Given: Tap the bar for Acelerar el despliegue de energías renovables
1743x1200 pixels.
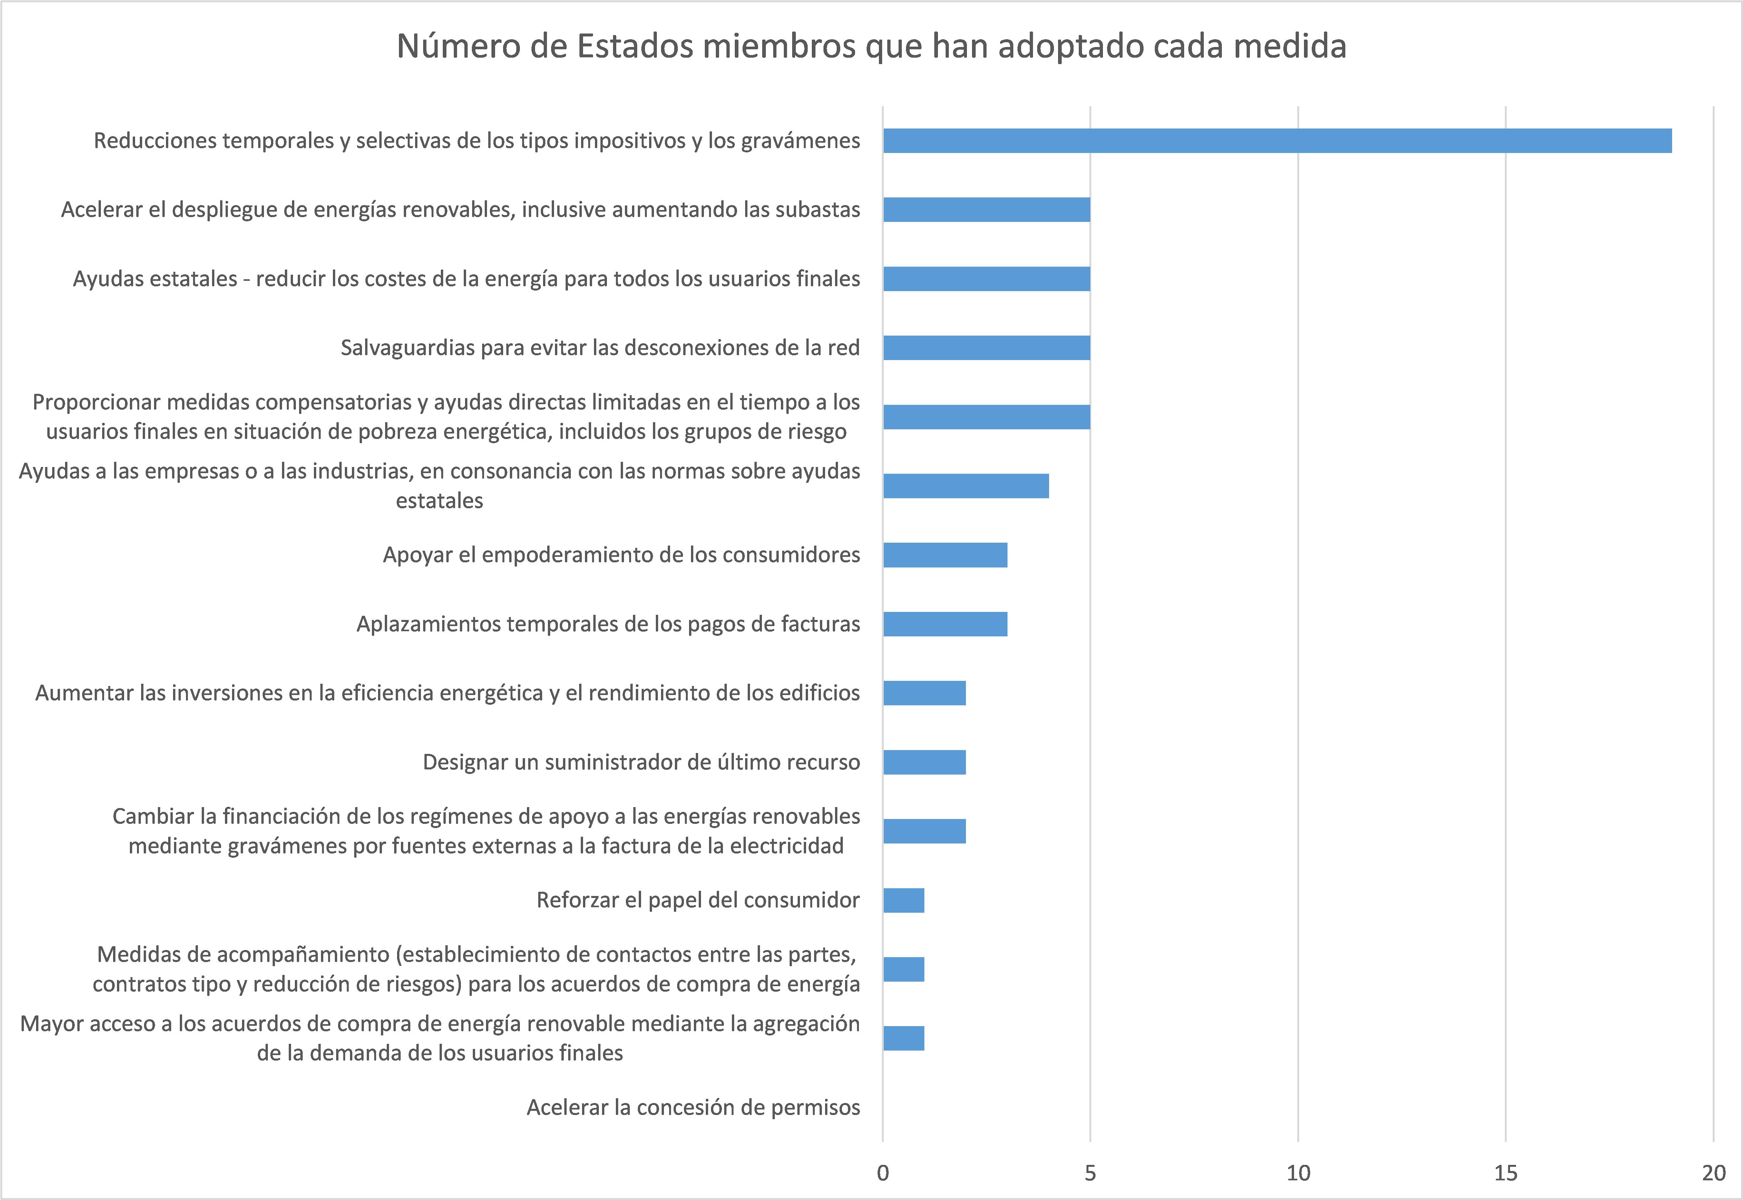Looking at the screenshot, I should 986,210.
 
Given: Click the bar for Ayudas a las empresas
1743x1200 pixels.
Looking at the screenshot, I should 966,486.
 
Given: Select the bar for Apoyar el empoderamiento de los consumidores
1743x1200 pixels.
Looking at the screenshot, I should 945,555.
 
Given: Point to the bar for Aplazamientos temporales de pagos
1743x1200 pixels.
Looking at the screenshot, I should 945,624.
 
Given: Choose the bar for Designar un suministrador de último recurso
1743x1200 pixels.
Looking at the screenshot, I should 925,762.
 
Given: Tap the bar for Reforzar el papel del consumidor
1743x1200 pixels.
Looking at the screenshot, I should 903,900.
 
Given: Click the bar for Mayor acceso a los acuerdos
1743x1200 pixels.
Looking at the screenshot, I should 903,1038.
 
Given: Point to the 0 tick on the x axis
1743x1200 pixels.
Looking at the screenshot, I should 883,1173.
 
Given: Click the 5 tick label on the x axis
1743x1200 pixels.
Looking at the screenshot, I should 1090,1173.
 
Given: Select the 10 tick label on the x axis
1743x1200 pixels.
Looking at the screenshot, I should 1298,1173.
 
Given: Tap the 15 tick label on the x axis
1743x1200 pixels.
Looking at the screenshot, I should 1505,1173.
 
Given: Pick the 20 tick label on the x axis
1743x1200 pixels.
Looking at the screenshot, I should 1713,1173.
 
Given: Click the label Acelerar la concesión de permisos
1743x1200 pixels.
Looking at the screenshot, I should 693,1108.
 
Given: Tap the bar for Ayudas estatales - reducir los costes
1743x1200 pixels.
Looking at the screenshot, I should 986,279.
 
